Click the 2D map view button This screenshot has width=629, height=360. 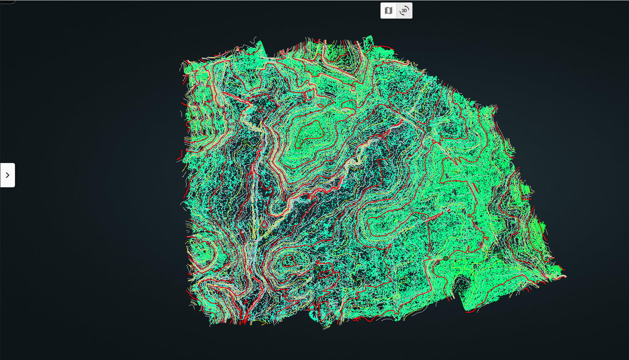[389, 11]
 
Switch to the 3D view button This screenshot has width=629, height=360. [404, 11]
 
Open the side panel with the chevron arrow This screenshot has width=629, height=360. [7, 175]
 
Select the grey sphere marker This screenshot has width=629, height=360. [424, 218]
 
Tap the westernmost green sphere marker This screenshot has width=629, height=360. [245, 142]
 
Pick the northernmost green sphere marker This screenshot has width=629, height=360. [429, 129]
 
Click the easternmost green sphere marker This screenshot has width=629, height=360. [500, 256]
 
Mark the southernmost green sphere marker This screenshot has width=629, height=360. [317, 268]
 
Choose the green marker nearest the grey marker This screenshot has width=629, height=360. [446, 258]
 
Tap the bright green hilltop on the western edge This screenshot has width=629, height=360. [201, 251]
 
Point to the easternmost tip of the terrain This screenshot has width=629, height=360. [565, 276]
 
